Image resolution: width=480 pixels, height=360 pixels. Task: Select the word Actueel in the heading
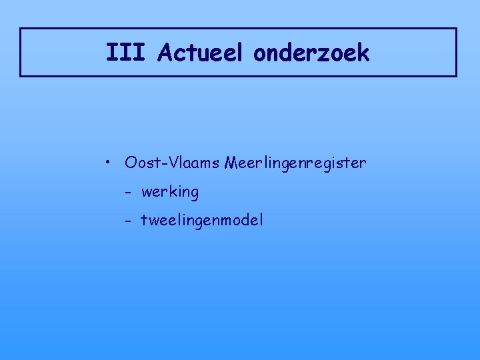click(x=201, y=53)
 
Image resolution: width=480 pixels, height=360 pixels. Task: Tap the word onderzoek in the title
click(x=311, y=53)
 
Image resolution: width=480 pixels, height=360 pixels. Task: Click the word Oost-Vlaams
click(x=171, y=162)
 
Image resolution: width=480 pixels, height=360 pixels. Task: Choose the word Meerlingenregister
click(x=296, y=162)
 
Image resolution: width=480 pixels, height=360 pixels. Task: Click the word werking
click(x=170, y=193)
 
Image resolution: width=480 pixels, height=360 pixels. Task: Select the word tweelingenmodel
click(x=202, y=220)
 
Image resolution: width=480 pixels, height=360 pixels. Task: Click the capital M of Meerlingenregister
click(x=233, y=162)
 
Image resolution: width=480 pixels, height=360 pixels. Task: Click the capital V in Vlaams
click(x=176, y=162)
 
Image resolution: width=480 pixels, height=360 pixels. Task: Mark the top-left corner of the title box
click(x=21, y=29)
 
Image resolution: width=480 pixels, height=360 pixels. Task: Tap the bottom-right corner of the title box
click(x=456, y=76)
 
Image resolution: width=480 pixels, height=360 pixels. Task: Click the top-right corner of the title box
click(x=456, y=29)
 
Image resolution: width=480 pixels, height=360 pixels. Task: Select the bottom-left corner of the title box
click(x=21, y=76)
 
